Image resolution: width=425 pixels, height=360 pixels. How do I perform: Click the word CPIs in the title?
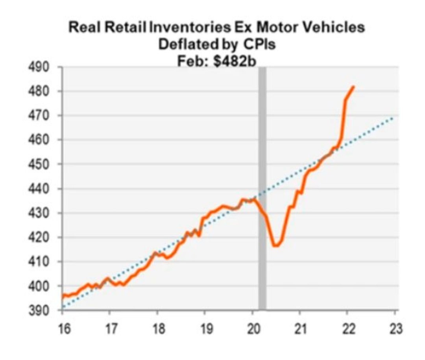258,45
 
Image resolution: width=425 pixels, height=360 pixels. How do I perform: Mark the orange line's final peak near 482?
353,87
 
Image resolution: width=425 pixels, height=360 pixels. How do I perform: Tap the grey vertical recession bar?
262,189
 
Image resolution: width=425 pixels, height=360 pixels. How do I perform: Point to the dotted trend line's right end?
394,117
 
